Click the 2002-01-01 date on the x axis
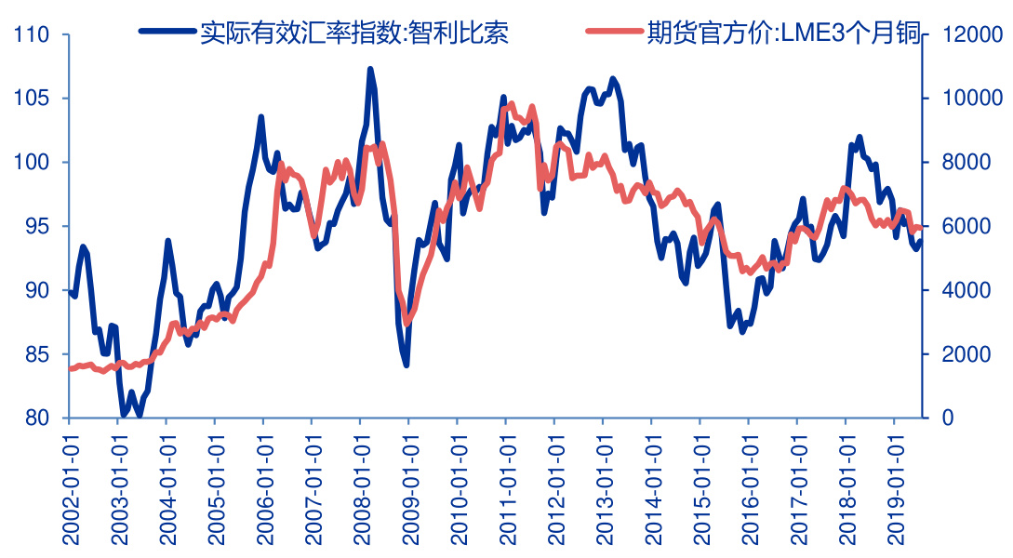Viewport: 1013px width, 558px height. [x=71, y=483]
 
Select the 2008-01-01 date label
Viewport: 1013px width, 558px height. [x=362, y=483]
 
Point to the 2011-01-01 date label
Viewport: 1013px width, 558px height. [x=507, y=483]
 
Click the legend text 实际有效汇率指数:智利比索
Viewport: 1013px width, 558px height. [x=354, y=33]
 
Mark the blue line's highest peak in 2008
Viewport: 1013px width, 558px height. [x=370, y=69]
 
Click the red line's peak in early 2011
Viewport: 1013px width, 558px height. [x=511, y=104]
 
